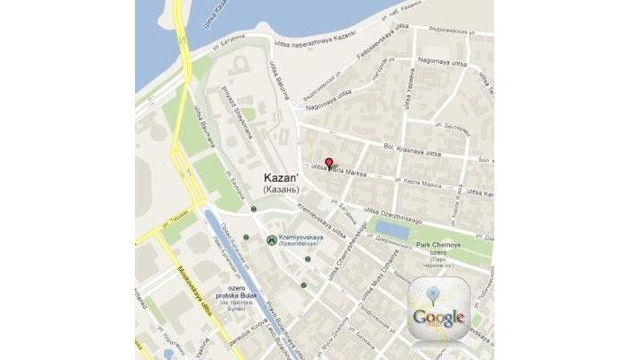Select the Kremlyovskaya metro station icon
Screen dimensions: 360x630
coord(272,240)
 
